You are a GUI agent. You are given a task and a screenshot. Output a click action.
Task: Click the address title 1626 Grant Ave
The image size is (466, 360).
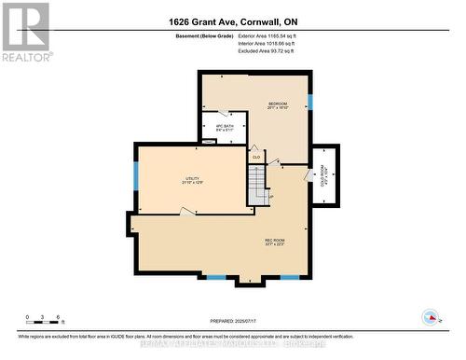[232, 21]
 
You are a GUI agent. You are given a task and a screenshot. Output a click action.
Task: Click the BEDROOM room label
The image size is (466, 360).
[277, 104]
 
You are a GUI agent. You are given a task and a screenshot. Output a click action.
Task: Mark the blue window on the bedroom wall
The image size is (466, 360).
[310, 100]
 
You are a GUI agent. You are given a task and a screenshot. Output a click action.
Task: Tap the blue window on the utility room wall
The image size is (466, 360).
[136, 174]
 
